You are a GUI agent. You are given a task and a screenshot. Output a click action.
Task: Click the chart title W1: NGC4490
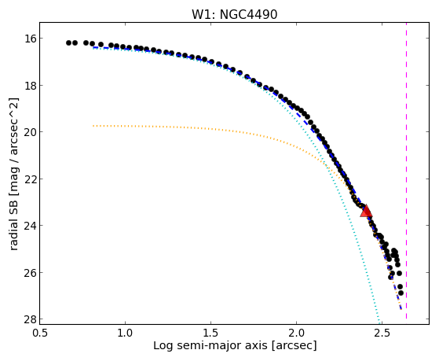coord(234,14)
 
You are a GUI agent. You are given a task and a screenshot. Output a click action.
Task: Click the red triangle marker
coord(366,212)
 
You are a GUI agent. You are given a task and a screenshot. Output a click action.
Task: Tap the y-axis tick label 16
coord(28,39)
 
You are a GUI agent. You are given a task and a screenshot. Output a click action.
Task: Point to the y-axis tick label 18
coord(28,85)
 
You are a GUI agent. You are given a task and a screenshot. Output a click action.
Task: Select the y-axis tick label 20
coord(28,132)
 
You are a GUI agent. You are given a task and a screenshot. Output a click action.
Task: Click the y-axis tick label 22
coord(28,179)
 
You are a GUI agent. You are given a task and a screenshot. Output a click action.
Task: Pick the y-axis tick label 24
coord(28,226)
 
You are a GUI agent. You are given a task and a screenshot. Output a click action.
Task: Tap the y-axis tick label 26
coord(28,272)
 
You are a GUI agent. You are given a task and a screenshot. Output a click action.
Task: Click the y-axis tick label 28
coord(28,319)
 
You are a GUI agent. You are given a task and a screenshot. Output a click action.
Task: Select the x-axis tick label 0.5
coord(40,333)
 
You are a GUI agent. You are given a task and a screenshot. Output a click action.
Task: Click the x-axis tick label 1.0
coord(125,333)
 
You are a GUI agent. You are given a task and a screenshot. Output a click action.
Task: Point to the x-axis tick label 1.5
coord(210,333)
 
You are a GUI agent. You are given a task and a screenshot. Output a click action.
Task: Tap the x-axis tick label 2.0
coord(297,333)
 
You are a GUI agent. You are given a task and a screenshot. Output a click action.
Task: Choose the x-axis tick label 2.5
coord(382,333)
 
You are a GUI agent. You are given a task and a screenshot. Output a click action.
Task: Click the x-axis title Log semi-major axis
coord(210,346)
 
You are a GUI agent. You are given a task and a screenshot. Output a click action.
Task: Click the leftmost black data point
coord(68,43)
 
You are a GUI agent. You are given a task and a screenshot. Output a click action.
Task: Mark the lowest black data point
coord(401,293)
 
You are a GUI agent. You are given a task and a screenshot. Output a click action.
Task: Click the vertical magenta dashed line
coord(406,171)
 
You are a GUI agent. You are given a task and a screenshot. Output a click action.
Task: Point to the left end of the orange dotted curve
coord(93,126)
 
